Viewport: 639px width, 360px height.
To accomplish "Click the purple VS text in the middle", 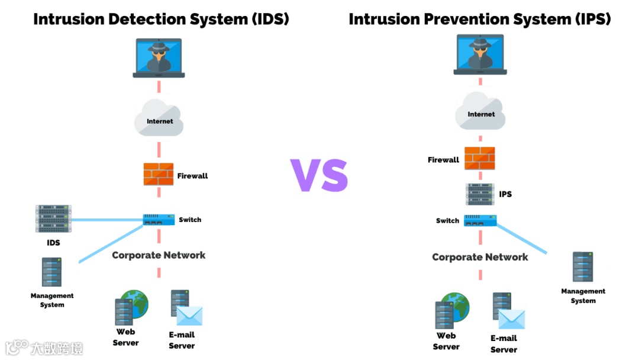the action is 319,175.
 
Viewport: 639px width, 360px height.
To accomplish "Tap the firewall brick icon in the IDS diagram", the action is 159,174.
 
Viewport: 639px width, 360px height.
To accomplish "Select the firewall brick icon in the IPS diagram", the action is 479,158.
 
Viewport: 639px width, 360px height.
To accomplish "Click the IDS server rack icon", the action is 53,218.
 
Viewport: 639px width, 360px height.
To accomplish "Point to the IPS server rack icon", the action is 480,194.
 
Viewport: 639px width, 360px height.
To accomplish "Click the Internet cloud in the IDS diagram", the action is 159,119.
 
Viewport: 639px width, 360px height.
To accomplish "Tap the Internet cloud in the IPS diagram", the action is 480,112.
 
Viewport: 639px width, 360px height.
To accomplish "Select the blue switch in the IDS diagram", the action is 159,220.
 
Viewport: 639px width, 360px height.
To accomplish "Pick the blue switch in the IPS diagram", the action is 480,220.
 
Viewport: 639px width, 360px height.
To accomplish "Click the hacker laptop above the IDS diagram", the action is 159,58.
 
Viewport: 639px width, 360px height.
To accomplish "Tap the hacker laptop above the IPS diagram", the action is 480,54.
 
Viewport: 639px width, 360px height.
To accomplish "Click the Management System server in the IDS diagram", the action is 51,272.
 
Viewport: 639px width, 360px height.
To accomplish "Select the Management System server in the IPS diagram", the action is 583,267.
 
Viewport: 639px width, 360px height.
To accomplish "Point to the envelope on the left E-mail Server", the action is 189,316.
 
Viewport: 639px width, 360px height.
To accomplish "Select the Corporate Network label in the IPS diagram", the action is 480,257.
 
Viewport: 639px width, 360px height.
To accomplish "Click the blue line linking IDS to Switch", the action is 106,220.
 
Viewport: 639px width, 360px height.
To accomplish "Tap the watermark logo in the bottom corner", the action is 18,347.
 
